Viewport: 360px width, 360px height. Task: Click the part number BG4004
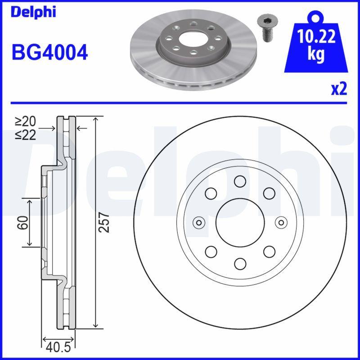pyautogui.click(x=49, y=53)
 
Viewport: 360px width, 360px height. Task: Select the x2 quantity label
pyautogui.click(x=339, y=90)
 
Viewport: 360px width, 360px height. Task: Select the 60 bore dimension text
pyautogui.click(x=23, y=222)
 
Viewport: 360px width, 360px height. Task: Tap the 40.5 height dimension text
pyautogui.click(x=58, y=347)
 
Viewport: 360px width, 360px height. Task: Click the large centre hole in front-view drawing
pyautogui.click(x=239, y=222)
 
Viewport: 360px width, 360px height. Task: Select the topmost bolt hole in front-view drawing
pyautogui.click(x=239, y=181)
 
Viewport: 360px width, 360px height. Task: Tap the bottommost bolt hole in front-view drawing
pyautogui.click(x=239, y=263)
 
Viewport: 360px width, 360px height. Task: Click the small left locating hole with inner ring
pyautogui.click(x=198, y=222)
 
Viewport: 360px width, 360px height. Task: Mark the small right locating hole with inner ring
pyautogui.click(x=281, y=222)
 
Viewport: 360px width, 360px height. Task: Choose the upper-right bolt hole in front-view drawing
pyautogui.click(x=269, y=193)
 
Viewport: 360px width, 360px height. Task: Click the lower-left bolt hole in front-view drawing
pyautogui.click(x=210, y=251)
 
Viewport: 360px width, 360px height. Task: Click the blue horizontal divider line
pyautogui.click(x=180, y=103)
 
